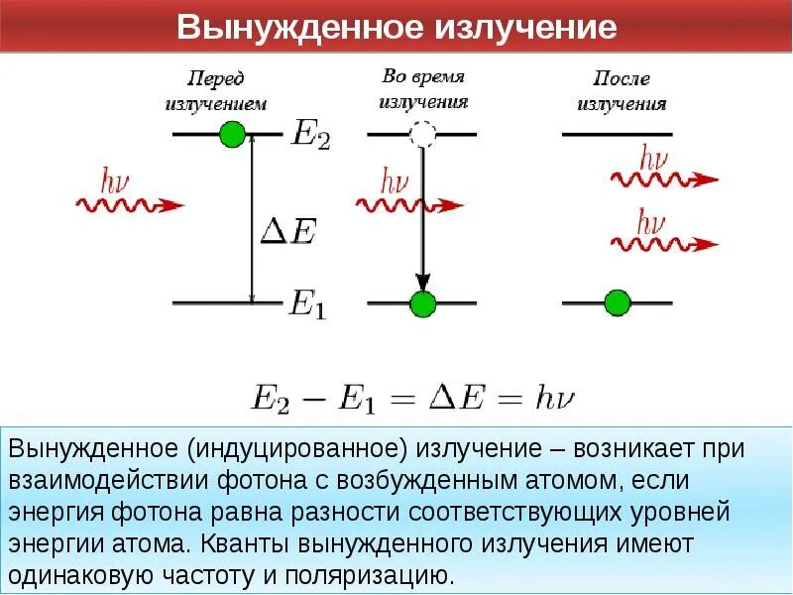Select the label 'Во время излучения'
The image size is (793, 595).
coord(423,88)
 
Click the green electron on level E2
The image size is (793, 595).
coord(231,134)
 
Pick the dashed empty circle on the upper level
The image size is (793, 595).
coord(423,134)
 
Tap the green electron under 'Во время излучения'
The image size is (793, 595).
coord(423,302)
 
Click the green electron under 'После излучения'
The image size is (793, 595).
coord(617,302)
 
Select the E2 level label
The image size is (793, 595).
coord(308,135)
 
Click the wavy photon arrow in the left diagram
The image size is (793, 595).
coord(129,205)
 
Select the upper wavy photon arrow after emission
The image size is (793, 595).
coord(662,178)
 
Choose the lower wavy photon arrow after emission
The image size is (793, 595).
coord(662,242)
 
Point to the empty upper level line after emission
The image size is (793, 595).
coord(617,134)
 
